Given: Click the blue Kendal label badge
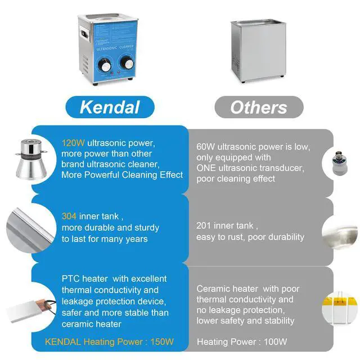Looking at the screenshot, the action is coord(110,107).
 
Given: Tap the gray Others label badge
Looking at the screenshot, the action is coord(259,107).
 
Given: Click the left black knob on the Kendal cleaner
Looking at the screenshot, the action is coord(104,65).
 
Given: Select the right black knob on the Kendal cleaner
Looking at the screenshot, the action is coord(127,61).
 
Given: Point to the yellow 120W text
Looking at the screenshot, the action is coord(73,143).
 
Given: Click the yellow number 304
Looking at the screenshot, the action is coord(69,216).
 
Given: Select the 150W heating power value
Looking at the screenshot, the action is coord(162,342).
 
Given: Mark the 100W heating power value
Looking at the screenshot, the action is coord(275,342).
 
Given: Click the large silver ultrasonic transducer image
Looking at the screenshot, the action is coord(31,159).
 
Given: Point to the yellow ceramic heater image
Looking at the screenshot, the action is coord(340,308).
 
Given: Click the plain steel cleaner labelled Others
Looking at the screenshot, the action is coord(259,51).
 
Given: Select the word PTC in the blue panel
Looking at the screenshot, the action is coord(70,279).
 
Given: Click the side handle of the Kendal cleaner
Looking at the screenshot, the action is coord(84,34).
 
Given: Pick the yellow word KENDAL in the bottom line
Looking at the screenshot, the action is coord(63,342).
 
